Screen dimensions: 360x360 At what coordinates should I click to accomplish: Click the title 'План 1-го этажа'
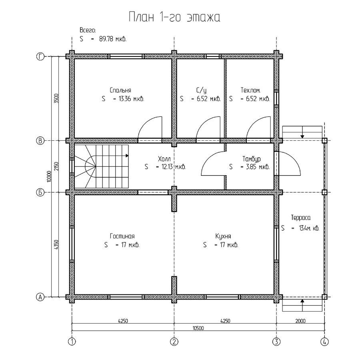coord(174,17)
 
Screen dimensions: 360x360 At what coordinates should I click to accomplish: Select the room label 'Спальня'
coord(120,90)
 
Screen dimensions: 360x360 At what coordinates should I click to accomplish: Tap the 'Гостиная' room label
coord(122,236)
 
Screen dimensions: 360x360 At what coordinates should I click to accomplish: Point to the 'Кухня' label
coord(223,236)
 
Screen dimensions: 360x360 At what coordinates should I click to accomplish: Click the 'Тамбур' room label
coord(252,159)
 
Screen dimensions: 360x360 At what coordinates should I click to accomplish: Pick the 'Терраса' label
coord(300,218)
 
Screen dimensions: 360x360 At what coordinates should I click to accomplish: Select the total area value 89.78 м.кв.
coord(113,39)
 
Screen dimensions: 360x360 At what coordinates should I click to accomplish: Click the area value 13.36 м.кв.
coord(131,99)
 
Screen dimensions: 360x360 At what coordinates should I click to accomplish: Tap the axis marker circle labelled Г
coord(40,56)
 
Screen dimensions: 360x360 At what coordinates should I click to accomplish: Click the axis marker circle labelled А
coord(40,297)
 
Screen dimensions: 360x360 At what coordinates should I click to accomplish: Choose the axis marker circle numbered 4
coord(324,342)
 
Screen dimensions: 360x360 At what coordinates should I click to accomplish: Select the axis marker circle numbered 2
coord(174,342)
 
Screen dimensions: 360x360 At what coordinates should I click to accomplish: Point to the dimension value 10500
coord(198,328)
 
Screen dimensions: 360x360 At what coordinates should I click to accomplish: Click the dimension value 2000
coord(300,321)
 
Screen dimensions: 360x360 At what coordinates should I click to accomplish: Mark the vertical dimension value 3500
coord(56,98)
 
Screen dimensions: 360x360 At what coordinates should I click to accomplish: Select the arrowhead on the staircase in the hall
coord(127,156)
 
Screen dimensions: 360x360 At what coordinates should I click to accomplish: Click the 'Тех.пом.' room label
coord(250,90)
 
